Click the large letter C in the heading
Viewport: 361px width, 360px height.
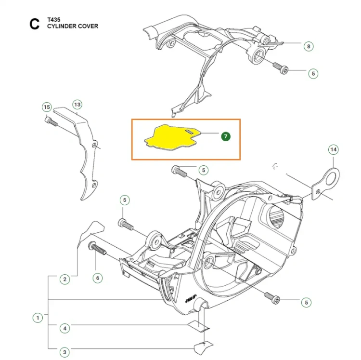(35, 24)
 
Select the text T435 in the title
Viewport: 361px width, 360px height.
(53, 20)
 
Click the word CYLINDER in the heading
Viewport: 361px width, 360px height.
(62, 26)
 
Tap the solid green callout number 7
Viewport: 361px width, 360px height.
(226, 136)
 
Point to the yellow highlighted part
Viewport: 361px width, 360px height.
(171, 137)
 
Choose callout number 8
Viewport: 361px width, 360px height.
(309, 46)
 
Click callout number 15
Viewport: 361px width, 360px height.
(47, 107)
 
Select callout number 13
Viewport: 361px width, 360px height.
(77, 105)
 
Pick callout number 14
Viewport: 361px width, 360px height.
(334, 150)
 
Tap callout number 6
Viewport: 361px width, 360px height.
(98, 278)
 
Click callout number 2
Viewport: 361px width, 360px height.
(64, 280)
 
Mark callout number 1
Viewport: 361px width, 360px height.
(38, 318)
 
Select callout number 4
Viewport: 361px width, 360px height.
(64, 328)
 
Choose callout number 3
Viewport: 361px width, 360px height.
(64, 352)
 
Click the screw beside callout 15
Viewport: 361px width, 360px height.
(51, 121)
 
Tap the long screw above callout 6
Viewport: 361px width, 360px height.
(97, 248)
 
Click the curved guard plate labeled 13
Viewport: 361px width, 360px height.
(86, 161)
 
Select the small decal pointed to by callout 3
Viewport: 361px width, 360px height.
(203, 347)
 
